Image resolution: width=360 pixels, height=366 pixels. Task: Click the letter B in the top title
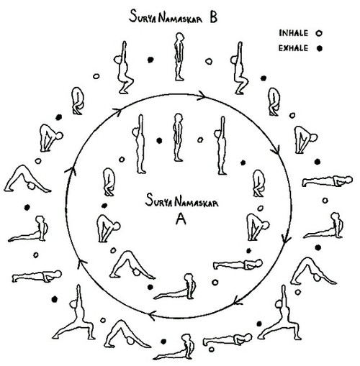[x=214, y=17]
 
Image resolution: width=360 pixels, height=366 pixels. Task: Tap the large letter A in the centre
[x=181, y=219]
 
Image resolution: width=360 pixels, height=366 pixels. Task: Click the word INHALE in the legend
[x=293, y=33]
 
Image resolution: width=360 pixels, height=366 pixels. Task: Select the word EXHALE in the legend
[x=293, y=48]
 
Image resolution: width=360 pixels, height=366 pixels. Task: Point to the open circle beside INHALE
[x=319, y=33]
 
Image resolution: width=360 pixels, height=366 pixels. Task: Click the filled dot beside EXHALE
[x=319, y=48]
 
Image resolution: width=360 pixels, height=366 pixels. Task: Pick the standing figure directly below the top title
[x=179, y=57]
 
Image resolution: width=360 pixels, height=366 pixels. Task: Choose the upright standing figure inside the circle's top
[x=178, y=137]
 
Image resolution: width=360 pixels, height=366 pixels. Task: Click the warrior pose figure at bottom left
[x=75, y=313]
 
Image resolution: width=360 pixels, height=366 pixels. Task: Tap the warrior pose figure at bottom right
[x=280, y=313]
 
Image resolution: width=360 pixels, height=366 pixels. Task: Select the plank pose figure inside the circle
[x=238, y=264]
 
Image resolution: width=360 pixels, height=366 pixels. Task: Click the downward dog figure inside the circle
[x=132, y=265]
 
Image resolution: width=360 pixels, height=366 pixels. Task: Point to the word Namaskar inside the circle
[x=197, y=202]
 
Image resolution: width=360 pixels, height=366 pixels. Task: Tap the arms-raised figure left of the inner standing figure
[x=139, y=144]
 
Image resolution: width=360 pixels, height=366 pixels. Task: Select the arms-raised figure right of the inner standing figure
[x=221, y=145]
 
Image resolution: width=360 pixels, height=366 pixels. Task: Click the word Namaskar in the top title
[x=181, y=18]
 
